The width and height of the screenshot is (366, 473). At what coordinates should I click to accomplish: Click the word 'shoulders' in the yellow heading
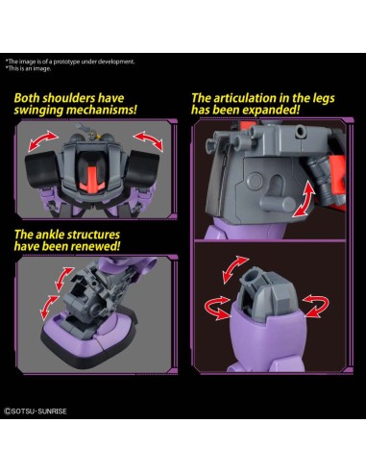69,98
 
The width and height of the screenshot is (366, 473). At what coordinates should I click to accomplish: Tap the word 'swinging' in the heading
38,110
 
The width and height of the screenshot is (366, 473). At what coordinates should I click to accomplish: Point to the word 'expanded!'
271,110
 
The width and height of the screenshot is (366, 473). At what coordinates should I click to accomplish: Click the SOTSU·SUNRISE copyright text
36,411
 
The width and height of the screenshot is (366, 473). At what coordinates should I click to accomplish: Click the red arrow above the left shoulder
43,140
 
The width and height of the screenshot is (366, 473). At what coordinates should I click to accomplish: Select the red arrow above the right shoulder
148,141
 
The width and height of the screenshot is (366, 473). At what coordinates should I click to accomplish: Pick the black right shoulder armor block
143,167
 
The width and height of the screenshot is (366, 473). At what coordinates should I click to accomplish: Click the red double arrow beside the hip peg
304,198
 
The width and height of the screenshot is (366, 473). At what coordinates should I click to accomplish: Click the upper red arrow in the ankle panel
63,278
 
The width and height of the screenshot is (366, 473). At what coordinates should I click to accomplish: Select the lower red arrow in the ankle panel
49,307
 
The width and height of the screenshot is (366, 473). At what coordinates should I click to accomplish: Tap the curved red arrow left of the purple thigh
217,308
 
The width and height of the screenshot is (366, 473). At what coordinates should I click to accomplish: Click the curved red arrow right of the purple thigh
316,306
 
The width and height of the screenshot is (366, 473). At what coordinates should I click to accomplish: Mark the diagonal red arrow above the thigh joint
235,269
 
